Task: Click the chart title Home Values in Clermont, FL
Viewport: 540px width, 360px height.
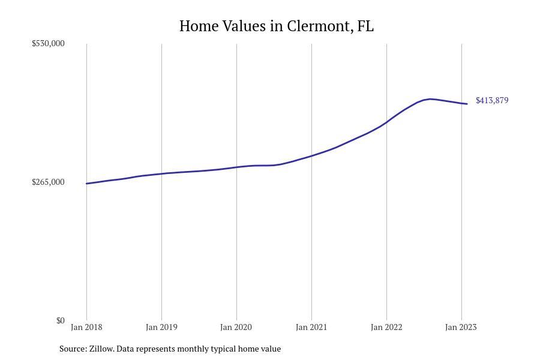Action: pos(276,26)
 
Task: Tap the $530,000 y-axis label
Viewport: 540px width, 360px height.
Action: pos(48,43)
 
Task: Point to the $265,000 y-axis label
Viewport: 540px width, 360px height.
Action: pos(48,182)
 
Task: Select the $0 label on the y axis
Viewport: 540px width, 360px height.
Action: pos(61,320)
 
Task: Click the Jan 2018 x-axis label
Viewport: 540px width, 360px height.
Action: pos(86,327)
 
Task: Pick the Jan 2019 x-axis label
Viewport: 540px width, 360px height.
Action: pos(161,327)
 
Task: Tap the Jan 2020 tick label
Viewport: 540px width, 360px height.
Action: pos(236,327)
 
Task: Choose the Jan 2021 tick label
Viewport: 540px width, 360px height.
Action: pos(311,327)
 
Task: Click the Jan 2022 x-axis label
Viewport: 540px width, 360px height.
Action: pos(386,327)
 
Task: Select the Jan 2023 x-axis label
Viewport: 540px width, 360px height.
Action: pos(461,327)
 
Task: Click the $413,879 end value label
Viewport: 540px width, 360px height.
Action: pos(492,100)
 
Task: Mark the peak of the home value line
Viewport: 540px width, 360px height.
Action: pos(430,99)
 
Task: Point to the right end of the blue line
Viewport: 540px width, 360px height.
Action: pos(467,104)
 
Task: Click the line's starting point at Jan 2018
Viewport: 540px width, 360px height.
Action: pos(86,184)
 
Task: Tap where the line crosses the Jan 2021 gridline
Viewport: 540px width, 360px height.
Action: pos(311,155)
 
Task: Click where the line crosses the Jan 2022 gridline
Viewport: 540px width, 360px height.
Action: pos(386,122)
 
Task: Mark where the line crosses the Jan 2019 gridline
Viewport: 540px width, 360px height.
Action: pos(161,173)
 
